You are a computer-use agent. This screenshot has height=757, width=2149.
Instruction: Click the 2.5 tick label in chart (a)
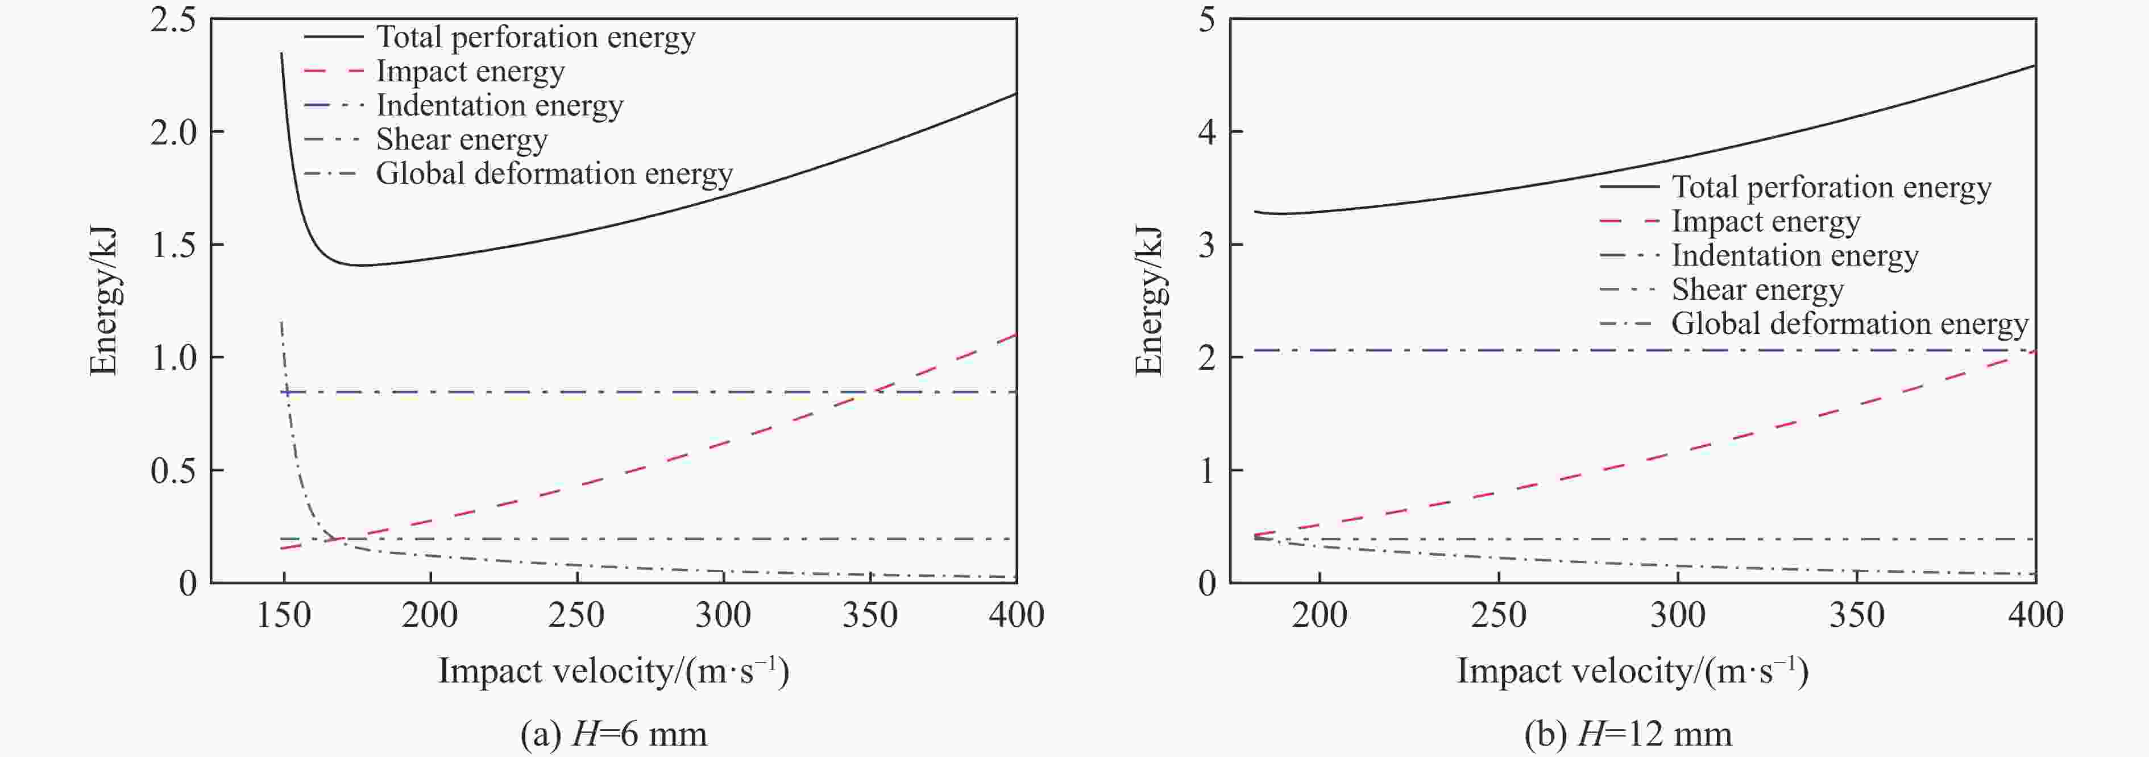(173, 20)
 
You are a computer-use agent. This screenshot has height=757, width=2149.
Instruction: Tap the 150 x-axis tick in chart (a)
(284, 616)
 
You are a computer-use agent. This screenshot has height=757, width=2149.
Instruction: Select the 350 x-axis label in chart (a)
(869, 616)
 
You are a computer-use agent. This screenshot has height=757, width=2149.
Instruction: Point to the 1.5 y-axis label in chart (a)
(173, 245)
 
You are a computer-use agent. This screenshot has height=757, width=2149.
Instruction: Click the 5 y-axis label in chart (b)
(1206, 20)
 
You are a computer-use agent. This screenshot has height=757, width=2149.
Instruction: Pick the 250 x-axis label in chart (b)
(1498, 616)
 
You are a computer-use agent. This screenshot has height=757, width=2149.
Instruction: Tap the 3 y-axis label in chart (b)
(1206, 245)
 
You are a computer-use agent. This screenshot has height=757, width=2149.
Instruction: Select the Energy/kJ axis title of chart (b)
(1149, 300)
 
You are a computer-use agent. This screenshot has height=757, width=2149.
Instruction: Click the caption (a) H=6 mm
(613, 734)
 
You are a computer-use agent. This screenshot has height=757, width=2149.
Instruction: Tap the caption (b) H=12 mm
(1628, 734)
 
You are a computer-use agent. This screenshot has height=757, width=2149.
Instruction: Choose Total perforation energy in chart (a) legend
(535, 38)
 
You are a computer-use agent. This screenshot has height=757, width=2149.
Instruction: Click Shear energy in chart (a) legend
(461, 139)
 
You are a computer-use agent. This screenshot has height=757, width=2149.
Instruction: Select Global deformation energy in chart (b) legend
(1849, 324)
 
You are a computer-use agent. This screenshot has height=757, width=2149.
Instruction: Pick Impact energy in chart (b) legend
(1765, 221)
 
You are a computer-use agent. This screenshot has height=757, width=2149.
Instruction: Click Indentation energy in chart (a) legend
(499, 105)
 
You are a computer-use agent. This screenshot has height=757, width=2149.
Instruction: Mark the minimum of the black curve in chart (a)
(363, 266)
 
